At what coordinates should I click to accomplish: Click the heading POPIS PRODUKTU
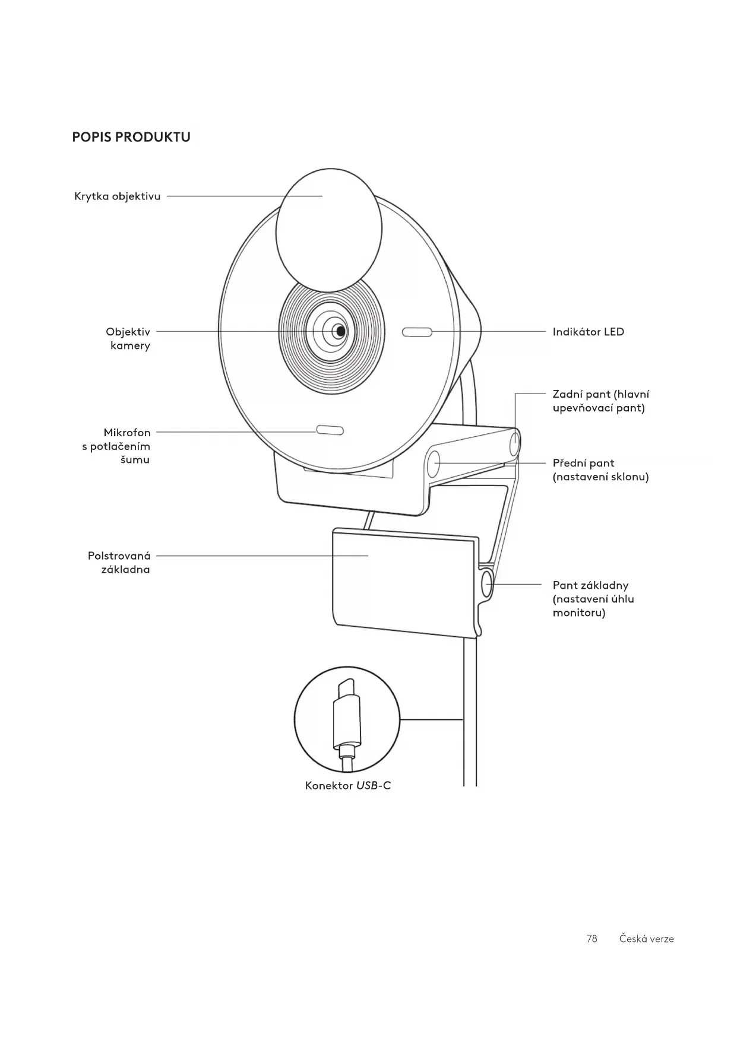click(x=131, y=137)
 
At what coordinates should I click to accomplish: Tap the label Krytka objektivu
click(x=117, y=196)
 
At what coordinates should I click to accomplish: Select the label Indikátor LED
click(x=588, y=332)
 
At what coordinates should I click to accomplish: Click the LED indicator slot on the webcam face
click(x=417, y=332)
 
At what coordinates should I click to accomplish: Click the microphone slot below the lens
click(x=330, y=430)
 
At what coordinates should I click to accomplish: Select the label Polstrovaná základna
click(x=119, y=563)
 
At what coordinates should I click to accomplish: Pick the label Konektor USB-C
click(x=348, y=786)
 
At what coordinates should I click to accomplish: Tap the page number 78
click(x=592, y=939)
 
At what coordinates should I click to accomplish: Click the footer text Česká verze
click(x=646, y=939)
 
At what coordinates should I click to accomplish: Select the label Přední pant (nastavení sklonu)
click(x=600, y=470)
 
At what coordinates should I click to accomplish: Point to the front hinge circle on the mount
click(x=434, y=463)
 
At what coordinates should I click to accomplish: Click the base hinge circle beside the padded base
click(x=488, y=583)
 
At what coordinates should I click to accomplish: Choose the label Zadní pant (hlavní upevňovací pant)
click(x=600, y=401)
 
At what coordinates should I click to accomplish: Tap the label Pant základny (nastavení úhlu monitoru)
click(x=593, y=599)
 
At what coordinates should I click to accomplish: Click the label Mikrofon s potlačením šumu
click(x=117, y=446)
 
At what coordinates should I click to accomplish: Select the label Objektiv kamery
click(x=128, y=338)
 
